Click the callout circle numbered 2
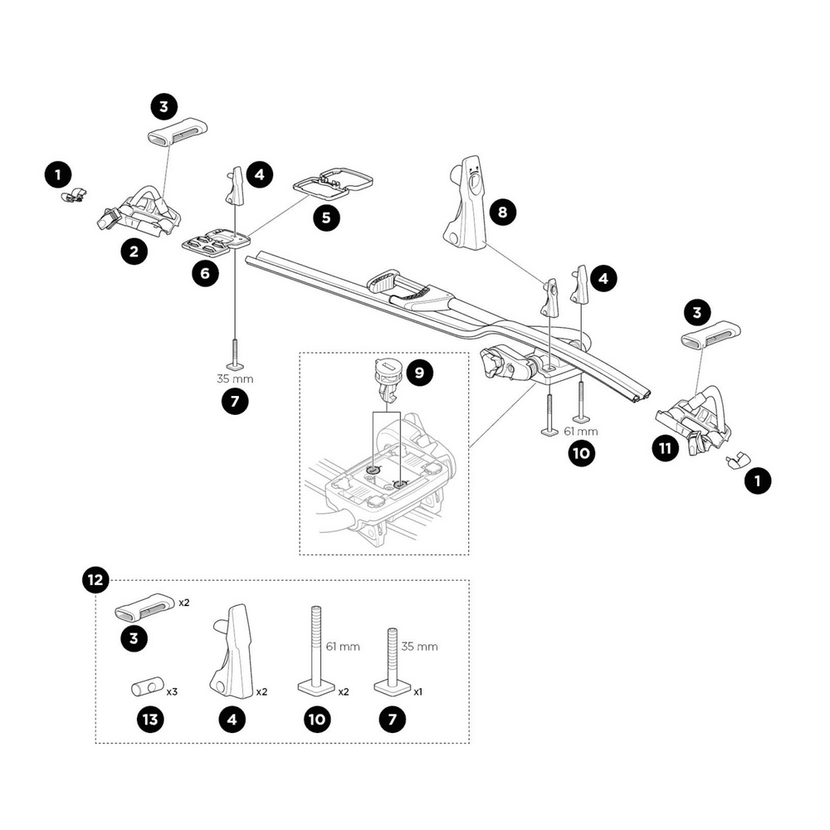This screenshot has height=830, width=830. click(x=134, y=251)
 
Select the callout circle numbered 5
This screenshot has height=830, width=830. click(x=325, y=217)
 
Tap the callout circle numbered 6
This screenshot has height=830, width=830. click(x=206, y=271)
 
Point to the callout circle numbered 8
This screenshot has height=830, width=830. click(x=501, y=212)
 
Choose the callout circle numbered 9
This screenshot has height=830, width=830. click(x=419, y=373)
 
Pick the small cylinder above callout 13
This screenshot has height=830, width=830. click(x=144, y=688)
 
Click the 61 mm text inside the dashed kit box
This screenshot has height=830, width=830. click(x=343, y=647)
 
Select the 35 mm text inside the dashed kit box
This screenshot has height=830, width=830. click(x=421, y=647)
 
